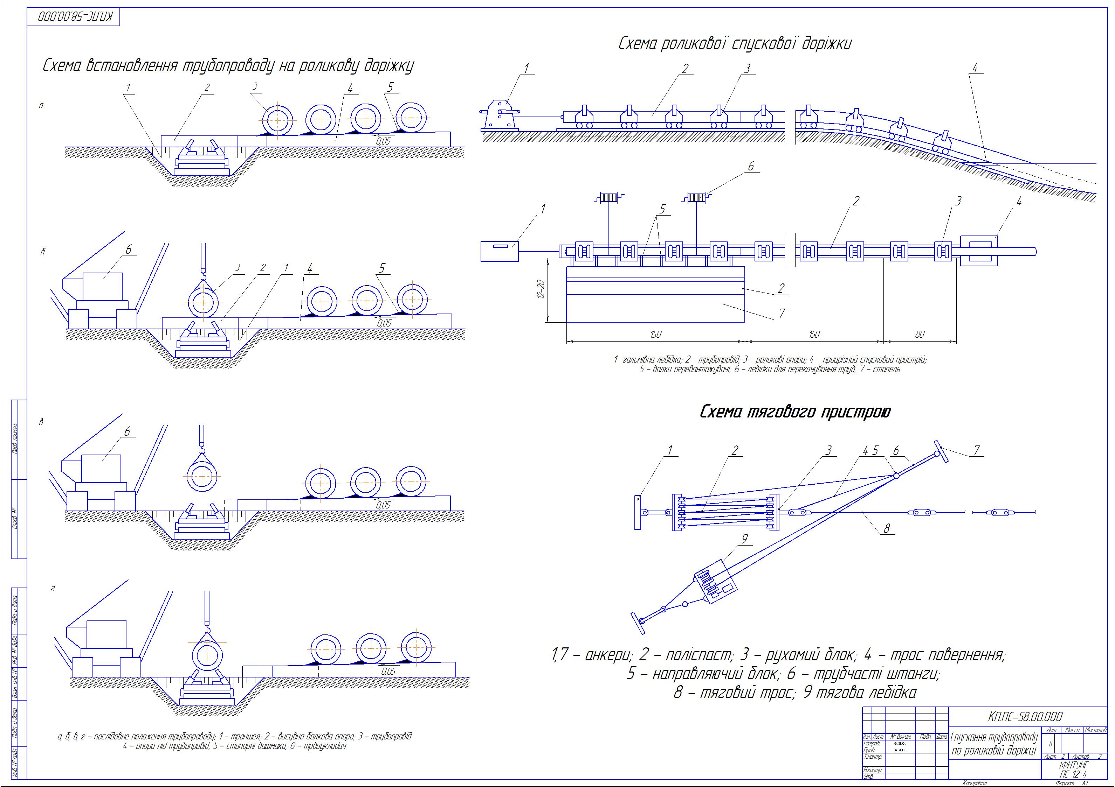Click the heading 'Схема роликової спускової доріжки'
[735, 44]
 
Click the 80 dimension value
[920, 334]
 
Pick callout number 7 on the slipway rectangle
[782, 314]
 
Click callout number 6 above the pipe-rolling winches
[751, 167]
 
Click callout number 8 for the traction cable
[887, 529]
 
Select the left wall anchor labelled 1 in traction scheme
[639, 512]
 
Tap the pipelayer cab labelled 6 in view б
[103, 286]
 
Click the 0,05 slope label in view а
[383, 141]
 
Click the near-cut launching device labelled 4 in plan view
[979, 251]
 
